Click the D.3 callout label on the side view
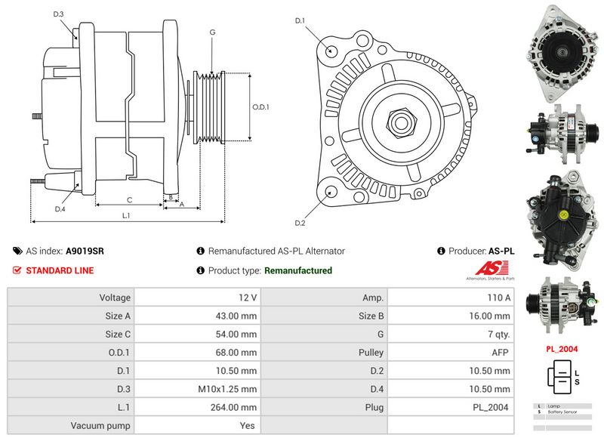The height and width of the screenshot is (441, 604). point(59,14)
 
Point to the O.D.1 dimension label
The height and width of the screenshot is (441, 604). point(260,106)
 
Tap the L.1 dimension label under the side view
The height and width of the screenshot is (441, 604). point(126,215)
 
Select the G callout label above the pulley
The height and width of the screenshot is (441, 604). point(213,32)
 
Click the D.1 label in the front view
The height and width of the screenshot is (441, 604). point(299,20)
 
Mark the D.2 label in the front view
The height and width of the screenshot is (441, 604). point(299,223)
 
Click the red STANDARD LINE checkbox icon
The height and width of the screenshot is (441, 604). point(17,270)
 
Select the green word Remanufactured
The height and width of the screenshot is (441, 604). point(298,270)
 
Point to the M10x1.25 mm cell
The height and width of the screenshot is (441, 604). point(226,389)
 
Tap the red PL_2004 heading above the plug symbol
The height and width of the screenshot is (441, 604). point(562,349)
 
